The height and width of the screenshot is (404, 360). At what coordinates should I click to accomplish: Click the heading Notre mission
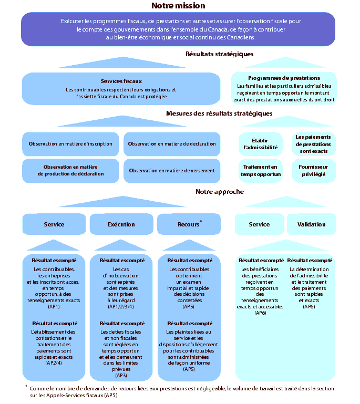pyautogui.click(x=178, y=6)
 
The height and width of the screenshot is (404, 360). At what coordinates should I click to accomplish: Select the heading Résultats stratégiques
pyautogui.click(x=220, y=54)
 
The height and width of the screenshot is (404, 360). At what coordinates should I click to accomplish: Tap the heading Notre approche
pyautogui.click(x=220, y=192)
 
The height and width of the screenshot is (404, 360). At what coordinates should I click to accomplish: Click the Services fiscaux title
pyautogui.click(x=121, y=81)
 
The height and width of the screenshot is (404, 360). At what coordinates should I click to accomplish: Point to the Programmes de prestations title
pyautogui.click(x=284, y=78)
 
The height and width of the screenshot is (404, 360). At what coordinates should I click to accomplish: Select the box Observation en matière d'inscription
pyautogui.click(x=70, y=143)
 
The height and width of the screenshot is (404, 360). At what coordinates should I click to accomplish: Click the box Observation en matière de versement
pyautogui.click(x=172, y=170)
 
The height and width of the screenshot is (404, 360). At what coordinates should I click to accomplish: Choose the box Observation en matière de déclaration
pyautogui.click(x=172, y=143)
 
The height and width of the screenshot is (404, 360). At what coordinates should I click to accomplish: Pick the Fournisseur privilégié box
pyautogui.click(x=314, y=170)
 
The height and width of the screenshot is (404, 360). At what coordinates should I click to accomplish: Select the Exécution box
pyautogui.click(x=121, y=224)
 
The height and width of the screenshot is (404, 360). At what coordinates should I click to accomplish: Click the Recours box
pyautogui.click(x=189, y=224)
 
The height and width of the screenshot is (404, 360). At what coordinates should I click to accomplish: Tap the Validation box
pyautogui.click(x=311, y=224)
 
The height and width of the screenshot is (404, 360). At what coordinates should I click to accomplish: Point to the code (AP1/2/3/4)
pyautogui.click(x=121, y=306)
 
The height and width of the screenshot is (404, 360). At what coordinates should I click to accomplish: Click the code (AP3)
pyautogui.click(x=121, y=376)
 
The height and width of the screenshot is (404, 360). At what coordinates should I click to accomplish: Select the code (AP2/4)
pyautogui.click(x=54, y=363)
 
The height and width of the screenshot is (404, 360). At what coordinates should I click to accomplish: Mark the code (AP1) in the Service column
pyautogui.click(x=54, y=306)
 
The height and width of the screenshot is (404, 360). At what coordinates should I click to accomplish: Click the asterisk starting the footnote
pyautogui.click(x=26, y=387)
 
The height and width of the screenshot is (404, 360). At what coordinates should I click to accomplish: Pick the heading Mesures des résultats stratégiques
pyautogui.click(x=219, y=113)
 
